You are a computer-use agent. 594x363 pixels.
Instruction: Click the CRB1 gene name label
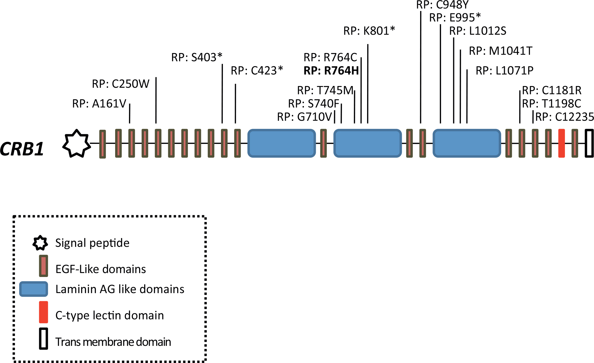point(22,149)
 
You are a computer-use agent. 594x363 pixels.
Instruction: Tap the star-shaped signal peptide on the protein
point(76,144)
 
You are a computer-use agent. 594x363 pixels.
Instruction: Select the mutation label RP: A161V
point(99,104)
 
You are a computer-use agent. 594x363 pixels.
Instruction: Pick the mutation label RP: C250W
point(120,84)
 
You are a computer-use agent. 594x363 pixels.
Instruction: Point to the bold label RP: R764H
point(331,71)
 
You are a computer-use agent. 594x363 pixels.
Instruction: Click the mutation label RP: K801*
point(369,31)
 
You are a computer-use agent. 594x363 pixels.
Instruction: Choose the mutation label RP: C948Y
point(442,5)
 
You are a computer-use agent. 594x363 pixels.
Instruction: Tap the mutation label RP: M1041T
point(500,51)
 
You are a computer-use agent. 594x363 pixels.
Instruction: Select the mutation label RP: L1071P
point(504,71)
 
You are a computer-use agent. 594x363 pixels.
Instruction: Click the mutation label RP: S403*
point(197,57)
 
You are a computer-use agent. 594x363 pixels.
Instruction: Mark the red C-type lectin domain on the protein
point(562,143)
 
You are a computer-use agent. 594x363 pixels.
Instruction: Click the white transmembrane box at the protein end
point(589,143)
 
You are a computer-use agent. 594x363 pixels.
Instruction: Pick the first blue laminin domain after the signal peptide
point(282,143)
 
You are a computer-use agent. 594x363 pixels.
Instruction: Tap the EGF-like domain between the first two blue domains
point(324,143)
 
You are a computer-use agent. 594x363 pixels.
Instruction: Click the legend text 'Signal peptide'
point(92,243)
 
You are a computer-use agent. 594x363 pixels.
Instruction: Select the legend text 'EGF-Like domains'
point(101,269)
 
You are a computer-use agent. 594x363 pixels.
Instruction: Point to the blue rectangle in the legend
point(34,289)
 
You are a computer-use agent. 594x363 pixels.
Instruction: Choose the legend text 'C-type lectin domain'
point(109,315)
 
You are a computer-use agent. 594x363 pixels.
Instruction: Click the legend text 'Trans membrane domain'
point(113,342)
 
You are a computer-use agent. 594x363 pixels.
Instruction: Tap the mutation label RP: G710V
point(304,117)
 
